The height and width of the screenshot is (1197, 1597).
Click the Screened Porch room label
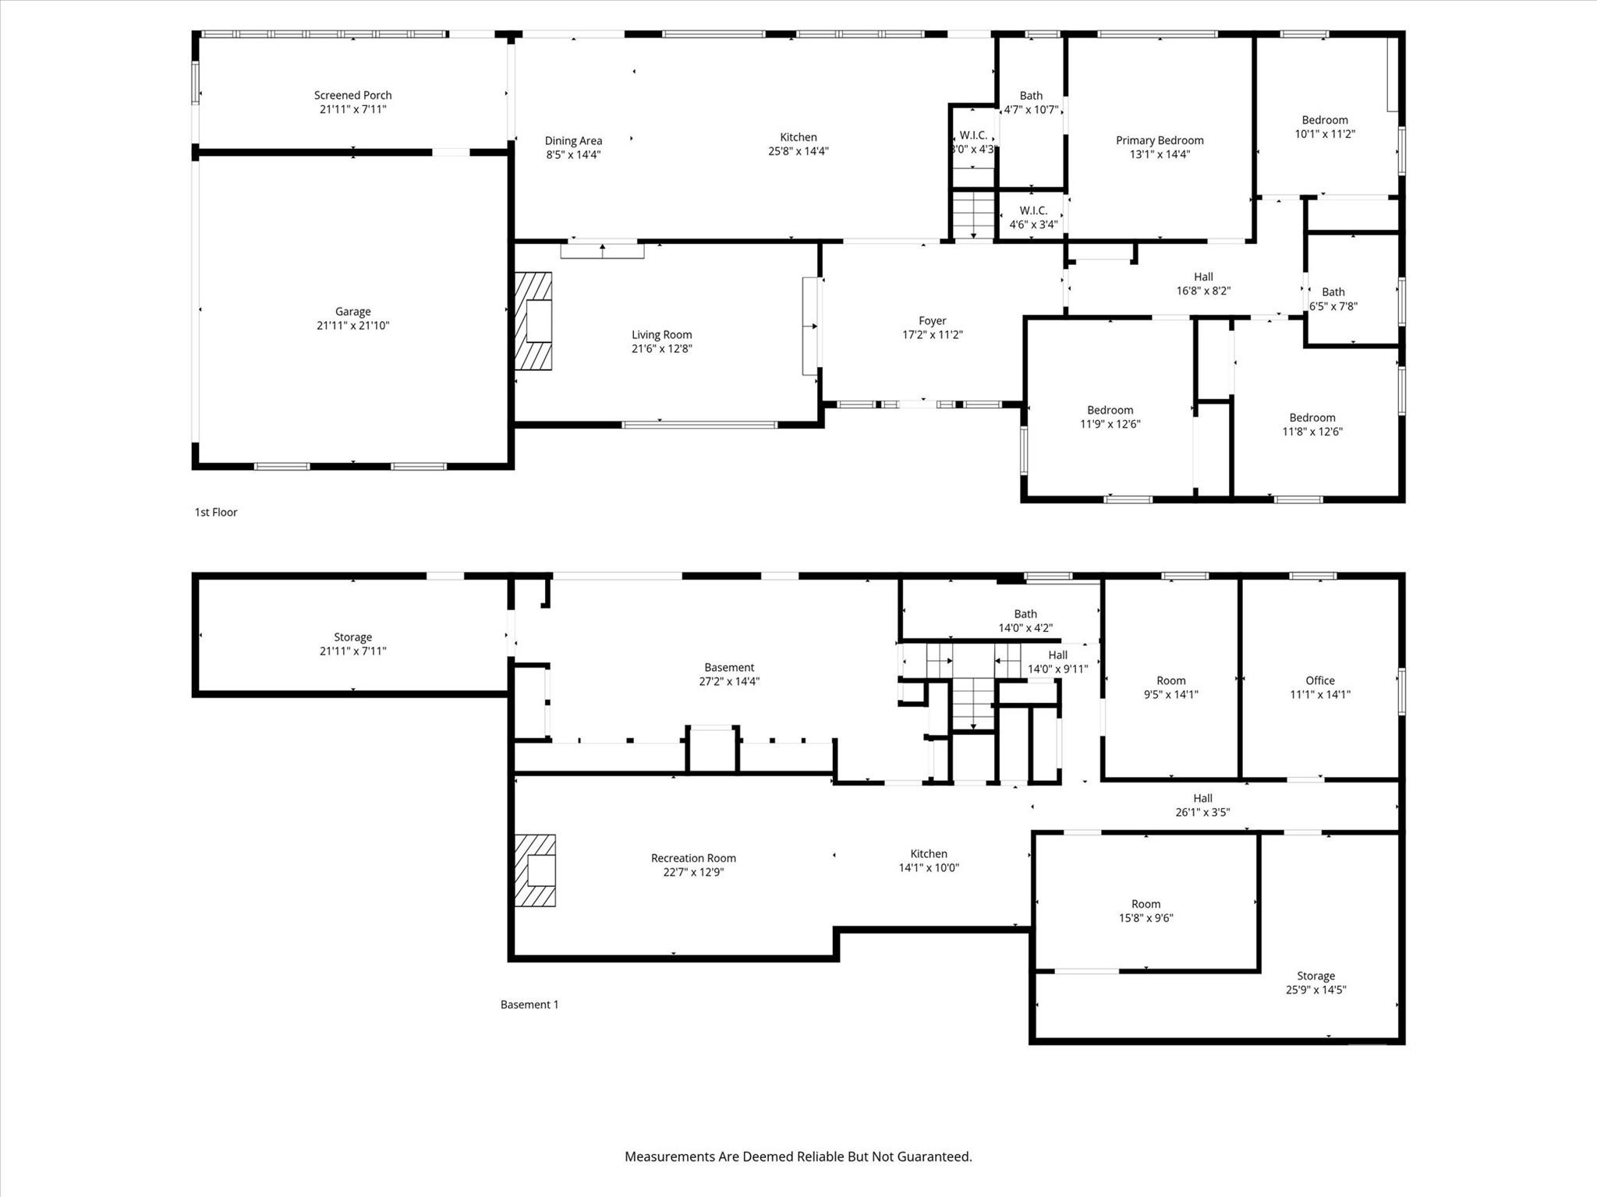[x=352, y=95]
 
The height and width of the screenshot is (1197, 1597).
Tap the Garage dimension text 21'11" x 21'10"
[x=352, y=326]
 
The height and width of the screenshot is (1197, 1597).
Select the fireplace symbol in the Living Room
[x=534, y=320]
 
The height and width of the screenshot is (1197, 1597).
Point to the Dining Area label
[x=573, y=141]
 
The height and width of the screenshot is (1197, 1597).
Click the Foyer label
[x=932, y=321]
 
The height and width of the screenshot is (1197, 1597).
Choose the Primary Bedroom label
[x=1160, y=140]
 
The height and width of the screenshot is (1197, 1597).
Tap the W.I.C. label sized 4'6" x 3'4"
[x=1033, y=210]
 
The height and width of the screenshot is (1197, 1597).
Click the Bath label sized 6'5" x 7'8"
[x=1333, y=292]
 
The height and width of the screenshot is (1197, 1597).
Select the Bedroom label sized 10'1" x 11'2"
[x=1325, y=120]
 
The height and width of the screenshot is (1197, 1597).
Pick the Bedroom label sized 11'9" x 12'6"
[x=1110, y=410]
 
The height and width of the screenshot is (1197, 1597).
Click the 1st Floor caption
[x=216, y=512]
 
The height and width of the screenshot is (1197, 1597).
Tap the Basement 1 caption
[x=529, y=1005]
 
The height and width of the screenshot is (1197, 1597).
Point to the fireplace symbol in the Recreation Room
[x=536, y=870]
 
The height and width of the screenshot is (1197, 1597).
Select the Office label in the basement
[x=1319, y=680]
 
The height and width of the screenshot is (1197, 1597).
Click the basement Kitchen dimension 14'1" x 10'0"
[x=929, y=867]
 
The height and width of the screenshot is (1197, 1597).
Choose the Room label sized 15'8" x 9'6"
[x=1146, y=904]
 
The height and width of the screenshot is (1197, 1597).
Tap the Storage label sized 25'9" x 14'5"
[x=1315, y=976]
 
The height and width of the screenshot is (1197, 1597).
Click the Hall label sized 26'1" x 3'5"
[x=1202, y=798]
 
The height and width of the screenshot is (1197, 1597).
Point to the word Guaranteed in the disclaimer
[x=933, y=1156]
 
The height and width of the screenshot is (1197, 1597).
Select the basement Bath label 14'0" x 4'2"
[x=1025, y=614]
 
